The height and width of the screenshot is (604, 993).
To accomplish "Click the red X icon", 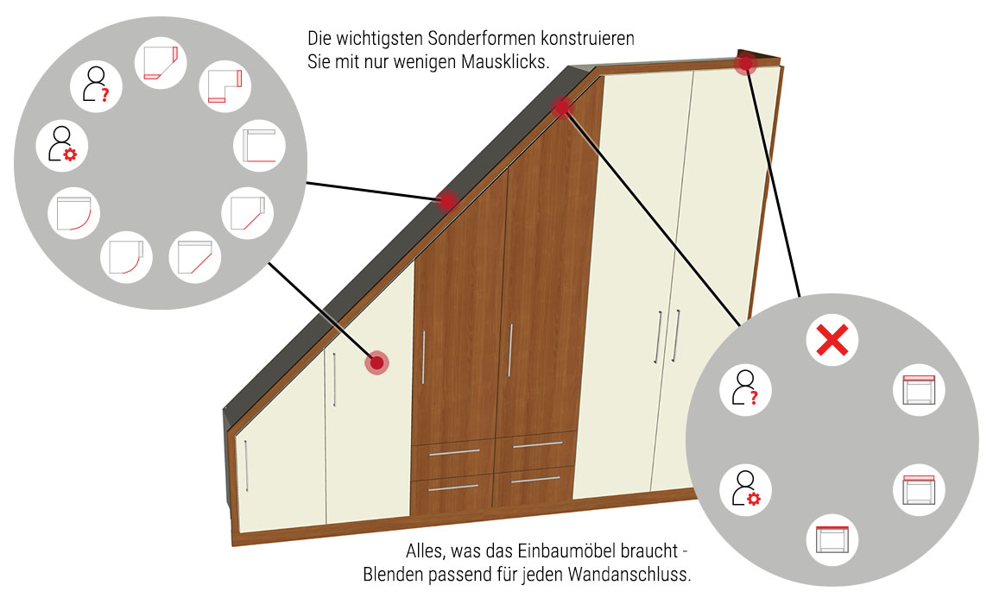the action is point(832,340).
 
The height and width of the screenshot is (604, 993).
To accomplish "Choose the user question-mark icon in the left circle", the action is point(96,85).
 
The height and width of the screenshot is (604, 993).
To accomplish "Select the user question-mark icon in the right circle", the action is point(744,387).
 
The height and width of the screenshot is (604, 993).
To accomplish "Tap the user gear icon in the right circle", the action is point(745,488).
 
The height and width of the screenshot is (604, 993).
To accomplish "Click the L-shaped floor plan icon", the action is point(225,86).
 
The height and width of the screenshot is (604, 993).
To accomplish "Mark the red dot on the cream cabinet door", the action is point(376,362).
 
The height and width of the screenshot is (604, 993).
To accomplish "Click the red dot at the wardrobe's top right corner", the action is point(745,63).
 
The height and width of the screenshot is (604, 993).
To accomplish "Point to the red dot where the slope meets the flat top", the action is point(561,108).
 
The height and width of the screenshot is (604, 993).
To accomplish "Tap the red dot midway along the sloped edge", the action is point(447,201).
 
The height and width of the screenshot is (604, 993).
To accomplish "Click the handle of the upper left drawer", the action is point(454,452).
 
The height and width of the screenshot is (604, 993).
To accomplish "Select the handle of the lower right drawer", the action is point(535,479).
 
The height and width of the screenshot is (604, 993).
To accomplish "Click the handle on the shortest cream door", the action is point(246,465).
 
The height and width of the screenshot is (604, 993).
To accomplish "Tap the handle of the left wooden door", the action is point(423,357).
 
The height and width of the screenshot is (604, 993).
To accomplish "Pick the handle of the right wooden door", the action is point(509,350).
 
